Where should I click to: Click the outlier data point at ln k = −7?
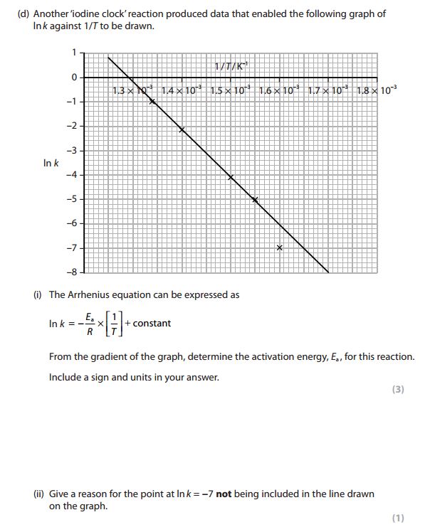tap(280, 248)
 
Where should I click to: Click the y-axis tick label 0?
tap(72, 77)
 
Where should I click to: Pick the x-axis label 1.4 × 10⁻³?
tap(182, 90)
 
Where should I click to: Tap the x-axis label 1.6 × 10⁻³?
tap(279, 90)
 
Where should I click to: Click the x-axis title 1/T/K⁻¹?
tap(233, 67)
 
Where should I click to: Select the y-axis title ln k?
tap(51, 163)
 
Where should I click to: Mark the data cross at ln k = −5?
tap(256, 201)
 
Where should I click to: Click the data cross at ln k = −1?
tap(152, 102)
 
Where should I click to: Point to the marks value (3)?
tap(398, 389)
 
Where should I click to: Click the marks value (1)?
tap(398, 517)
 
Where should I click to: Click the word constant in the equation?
tap(152, 324)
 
